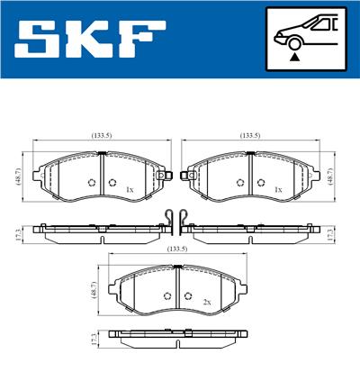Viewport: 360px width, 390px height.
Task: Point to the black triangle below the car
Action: tap(293, 57)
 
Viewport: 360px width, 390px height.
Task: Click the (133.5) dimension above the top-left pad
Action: tap(102, 135)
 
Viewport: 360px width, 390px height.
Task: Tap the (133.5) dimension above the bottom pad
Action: tap(177, 249)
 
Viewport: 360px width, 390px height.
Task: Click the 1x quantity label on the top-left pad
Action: tap(130, 190)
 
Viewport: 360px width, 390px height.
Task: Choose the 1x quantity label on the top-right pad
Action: tap(279, 190)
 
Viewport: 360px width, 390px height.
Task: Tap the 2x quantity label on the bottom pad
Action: tap(206, 303)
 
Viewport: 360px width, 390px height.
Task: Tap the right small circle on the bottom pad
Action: tap(187, 296)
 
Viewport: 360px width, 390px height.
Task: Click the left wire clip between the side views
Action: tap(168, 220)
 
